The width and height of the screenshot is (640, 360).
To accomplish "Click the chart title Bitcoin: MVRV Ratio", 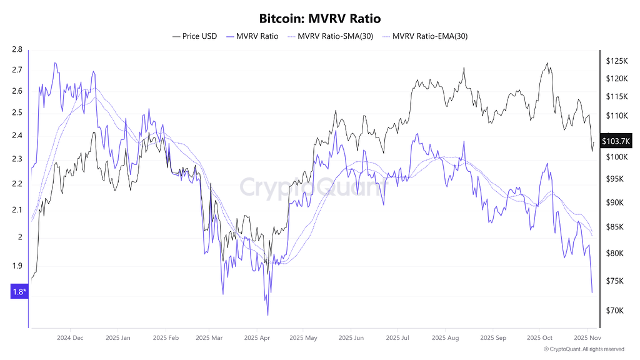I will tap(320, 19).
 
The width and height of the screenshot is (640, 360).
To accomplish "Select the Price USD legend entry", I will tap(195, 36).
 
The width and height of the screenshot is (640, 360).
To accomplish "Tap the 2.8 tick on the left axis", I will tap(17, 49).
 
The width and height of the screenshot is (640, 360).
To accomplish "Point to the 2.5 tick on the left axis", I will tap(17, 113).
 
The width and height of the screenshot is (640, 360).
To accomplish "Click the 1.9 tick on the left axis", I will tap(17, 265).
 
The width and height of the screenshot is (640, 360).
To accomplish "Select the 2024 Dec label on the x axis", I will tap(69, 337).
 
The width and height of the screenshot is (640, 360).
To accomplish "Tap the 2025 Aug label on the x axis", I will tap(444, 337).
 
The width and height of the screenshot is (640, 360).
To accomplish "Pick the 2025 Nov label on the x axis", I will tap(587, 337).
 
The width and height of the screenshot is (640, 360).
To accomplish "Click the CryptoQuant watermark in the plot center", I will tap(311, 187).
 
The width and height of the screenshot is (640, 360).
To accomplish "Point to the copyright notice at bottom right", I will tap(584, 349).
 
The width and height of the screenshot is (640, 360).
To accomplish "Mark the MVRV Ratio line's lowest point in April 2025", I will tap(267, 315).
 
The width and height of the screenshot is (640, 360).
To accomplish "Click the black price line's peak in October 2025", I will tap(547, 63).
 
